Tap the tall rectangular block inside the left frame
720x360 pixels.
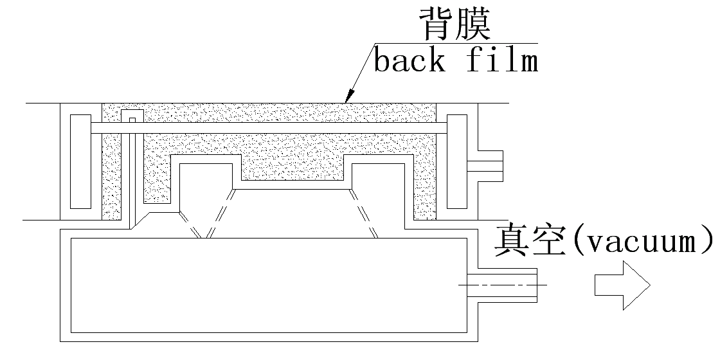point(80,161)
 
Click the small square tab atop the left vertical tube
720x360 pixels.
point(132,120)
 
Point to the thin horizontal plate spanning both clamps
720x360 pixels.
point(270,128)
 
